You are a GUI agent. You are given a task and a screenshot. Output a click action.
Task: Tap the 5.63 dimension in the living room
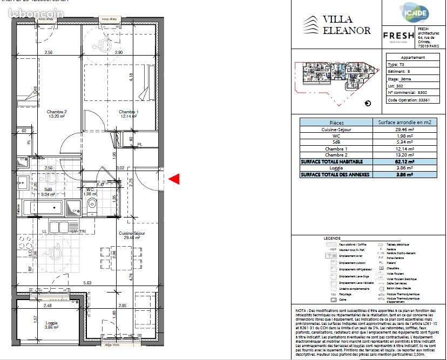[87, 282]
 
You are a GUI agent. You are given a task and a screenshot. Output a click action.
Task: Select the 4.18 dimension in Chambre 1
[131, 77]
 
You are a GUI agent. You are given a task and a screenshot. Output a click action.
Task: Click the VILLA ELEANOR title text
[346, 25]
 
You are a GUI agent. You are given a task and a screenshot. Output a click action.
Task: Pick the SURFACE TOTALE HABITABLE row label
[332, 161]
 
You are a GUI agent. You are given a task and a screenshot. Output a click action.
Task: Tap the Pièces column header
[336, 123]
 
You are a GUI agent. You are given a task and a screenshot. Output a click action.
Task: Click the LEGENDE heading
[332, 237]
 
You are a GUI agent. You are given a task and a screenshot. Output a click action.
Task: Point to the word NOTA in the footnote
[301, 311]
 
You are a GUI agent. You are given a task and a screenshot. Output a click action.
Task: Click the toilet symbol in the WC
[91, 204]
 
